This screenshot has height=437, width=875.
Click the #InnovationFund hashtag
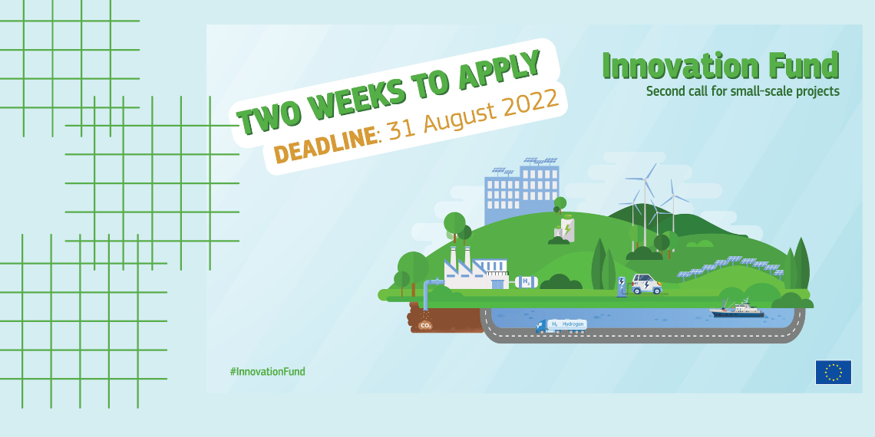pos(267,371)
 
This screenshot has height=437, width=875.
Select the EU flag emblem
pos(833,373)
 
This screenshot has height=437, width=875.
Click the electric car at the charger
pos(647,284)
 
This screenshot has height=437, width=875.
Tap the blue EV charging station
pos(621,286)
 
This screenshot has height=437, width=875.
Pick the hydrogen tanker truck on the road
pos(561,326)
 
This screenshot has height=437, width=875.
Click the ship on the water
pos(737,310)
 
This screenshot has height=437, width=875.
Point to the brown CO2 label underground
pos(426,325)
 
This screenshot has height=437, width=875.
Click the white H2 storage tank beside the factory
pos(527,282)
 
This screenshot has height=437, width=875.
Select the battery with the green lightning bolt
pos(567,228)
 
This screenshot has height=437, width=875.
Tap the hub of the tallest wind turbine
pos(646,179)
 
